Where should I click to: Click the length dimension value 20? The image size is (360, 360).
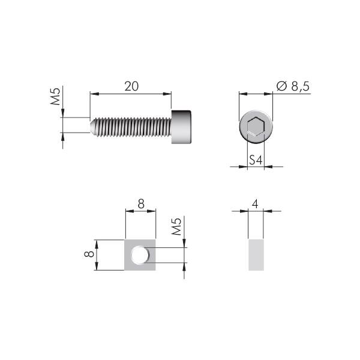pyautogui.click(x=131, y=86)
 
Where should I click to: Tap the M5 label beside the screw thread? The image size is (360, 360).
pyautogui.click(x=55, y=96)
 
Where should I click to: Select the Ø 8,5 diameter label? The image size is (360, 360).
pyautogui.click(x=293, y=86)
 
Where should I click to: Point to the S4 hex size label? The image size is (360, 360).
pyautogui.click(x=256, y=160)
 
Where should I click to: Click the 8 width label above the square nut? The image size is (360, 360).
pyautogui.click(x=141, y=203)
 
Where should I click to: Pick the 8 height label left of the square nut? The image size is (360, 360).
pyautogui.click(x=89, y=254)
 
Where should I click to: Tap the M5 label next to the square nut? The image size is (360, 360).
pyautogui.click(x=177, y=227)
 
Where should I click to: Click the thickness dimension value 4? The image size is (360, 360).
pyautogui.click(x=255, y=203)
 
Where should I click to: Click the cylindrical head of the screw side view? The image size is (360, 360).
pyautogui.click(x=181, y=127)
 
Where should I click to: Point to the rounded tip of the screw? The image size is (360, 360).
pyautogui.click(x=92, y=127)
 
